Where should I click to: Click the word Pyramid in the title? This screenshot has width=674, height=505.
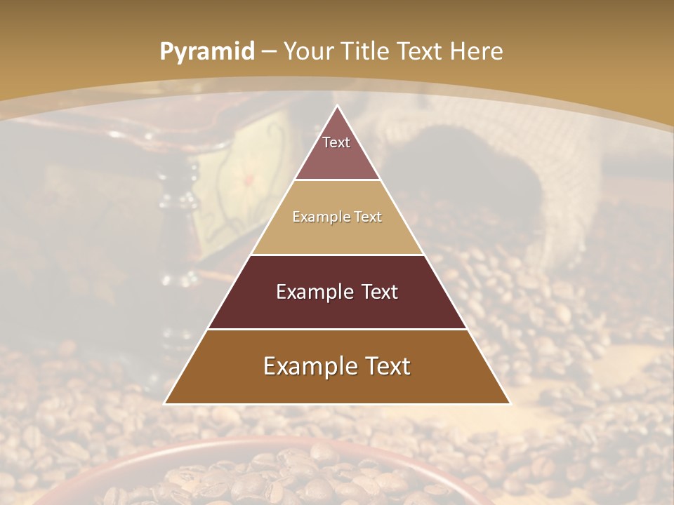[206, 52]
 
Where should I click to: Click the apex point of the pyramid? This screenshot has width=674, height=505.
[338, 106]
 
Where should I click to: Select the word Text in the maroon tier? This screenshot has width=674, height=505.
[376, 292]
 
